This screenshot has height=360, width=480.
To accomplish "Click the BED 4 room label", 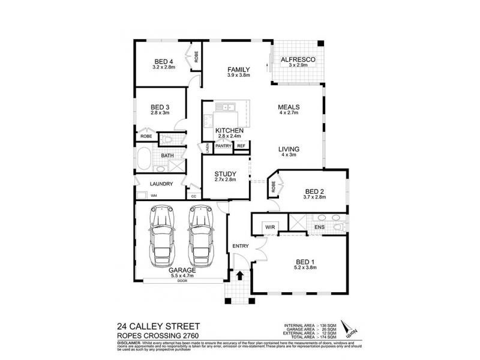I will (x=164, y=62).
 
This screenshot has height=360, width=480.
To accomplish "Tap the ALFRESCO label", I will (x=298, y=60).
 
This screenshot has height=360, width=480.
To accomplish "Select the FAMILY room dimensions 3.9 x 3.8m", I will (x=238, y=76).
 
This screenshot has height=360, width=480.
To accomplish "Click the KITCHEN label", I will (x=229, y=130).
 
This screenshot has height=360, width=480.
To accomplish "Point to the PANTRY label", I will (x=224, y=146).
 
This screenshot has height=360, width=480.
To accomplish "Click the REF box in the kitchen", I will (x=241, y=146).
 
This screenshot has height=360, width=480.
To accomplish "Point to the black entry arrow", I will (x=240, y=277).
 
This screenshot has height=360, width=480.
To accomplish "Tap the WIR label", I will (x=269, y=227).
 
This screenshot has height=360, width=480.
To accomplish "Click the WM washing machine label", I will (x=154, y=196).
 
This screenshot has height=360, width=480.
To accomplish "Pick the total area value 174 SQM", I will (x=328, y=338).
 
